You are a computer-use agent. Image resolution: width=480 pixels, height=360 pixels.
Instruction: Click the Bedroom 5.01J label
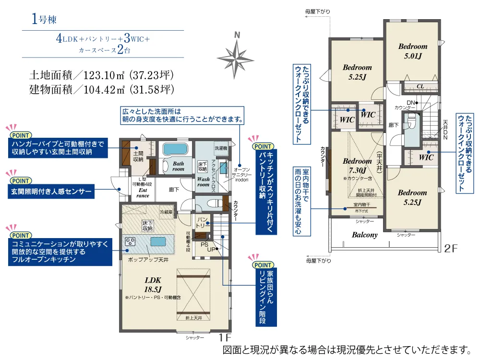point(412,51)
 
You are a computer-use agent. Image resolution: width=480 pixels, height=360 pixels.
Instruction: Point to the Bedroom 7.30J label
point(357,165)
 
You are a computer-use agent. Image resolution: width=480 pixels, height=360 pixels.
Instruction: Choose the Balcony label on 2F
point(364,235)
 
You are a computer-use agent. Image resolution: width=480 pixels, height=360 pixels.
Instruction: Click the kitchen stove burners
point(131,241)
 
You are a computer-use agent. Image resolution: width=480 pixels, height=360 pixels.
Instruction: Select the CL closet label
point(420,86)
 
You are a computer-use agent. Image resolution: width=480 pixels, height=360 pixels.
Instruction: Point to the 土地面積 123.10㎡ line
point(101,75)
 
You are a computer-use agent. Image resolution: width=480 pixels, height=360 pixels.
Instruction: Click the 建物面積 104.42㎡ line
point(101,89)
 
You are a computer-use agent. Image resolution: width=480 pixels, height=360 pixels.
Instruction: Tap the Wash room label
point(204,181)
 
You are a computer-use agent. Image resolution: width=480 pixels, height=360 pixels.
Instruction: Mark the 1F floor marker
point(225,337)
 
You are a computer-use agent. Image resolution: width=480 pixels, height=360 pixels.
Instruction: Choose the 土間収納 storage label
point(138,156)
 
